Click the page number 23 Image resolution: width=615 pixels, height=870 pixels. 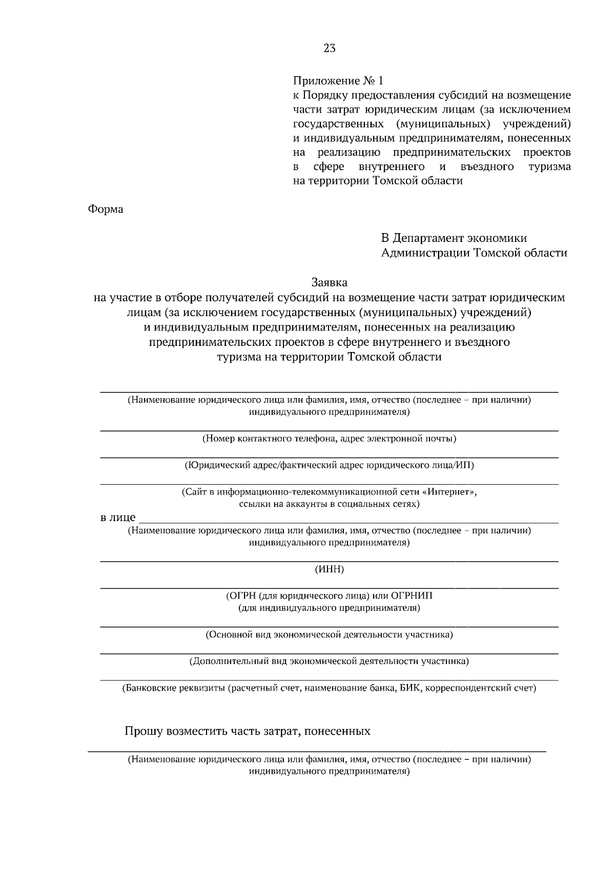pyautogui.click(x=330, y=49)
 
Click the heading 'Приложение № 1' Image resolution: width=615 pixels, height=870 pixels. pyautogui.click(x=338, y=81)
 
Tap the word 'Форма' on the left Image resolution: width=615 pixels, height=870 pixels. pyautogui.click(x=106, y=210)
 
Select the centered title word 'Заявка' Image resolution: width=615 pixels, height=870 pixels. pyautogui.click(x=329, y=282)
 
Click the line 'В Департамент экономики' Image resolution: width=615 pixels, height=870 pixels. pyautogui.click(x=454, y=238)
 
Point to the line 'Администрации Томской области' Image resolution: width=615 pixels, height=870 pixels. pyautogui.click(x=474, y=253)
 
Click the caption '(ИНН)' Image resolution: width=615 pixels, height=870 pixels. pyautogui.click(x=329, y=569)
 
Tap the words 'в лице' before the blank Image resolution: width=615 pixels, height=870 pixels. pyautogui.click(x=118, y=517)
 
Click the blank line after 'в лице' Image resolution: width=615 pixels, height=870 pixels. pyautogui.click(x=348, y=522)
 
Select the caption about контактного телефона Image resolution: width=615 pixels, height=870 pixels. pyautogui.click(x=329, y=439)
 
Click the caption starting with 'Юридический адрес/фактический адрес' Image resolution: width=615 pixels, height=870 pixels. pyautogui.click(x=329, y=465)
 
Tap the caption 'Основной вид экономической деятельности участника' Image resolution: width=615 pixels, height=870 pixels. pyautogui.click(x=329, y=635)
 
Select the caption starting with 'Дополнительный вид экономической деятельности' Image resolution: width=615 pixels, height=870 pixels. pyautogui.click(x=329, y=661)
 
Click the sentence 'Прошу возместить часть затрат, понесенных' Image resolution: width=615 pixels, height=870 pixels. pyautogui.click(x=248, y=731)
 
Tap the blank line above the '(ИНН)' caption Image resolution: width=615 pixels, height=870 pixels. pyautogui.click(x=329, y=561)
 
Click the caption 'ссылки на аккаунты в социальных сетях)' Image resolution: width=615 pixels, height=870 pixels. pyautogui.click(x=329, y=504)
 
